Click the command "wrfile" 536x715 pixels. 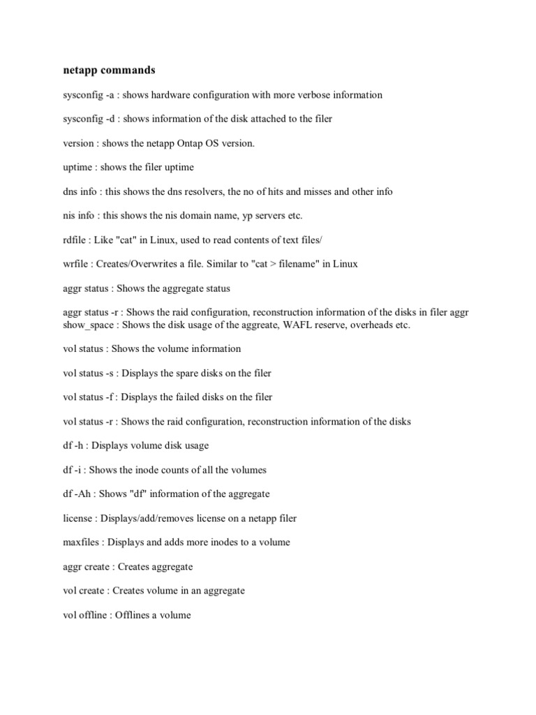pos(75,264)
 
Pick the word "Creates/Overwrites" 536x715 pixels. pos(131,264)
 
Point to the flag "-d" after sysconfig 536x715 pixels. pos(110,119)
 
